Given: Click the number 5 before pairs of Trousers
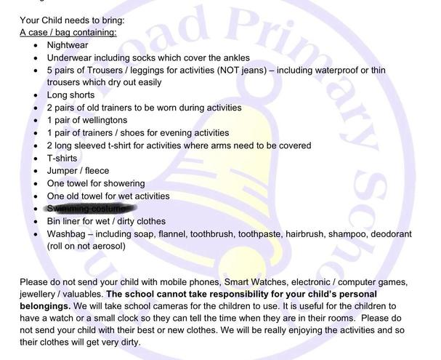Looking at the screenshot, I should coord(50,70).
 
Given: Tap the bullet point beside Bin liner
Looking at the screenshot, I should coord(36,222).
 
